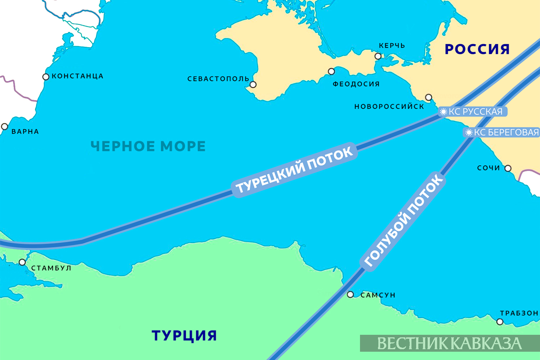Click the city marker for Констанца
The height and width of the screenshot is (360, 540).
pos(46,77)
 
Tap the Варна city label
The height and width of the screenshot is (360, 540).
pos(25,132)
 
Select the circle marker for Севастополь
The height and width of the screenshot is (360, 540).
pos(253,85)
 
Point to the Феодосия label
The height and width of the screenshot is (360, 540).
pos(356,84)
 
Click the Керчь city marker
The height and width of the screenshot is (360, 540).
pos(378,56)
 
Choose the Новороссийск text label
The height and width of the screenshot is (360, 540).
pos(389,107)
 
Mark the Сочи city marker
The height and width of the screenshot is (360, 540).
pos(508,168)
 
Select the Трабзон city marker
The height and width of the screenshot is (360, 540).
pos(500,322)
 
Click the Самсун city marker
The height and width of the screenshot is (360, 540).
pos(350,295)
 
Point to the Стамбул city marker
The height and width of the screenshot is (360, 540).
pos(22,262)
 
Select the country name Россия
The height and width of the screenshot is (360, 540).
pos(477,49)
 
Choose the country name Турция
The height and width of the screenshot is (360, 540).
pos(184,336)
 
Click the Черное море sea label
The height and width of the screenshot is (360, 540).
pos(148,146)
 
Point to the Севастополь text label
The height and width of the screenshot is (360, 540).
pos(218,79)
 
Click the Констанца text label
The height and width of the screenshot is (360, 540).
pos(78,76)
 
